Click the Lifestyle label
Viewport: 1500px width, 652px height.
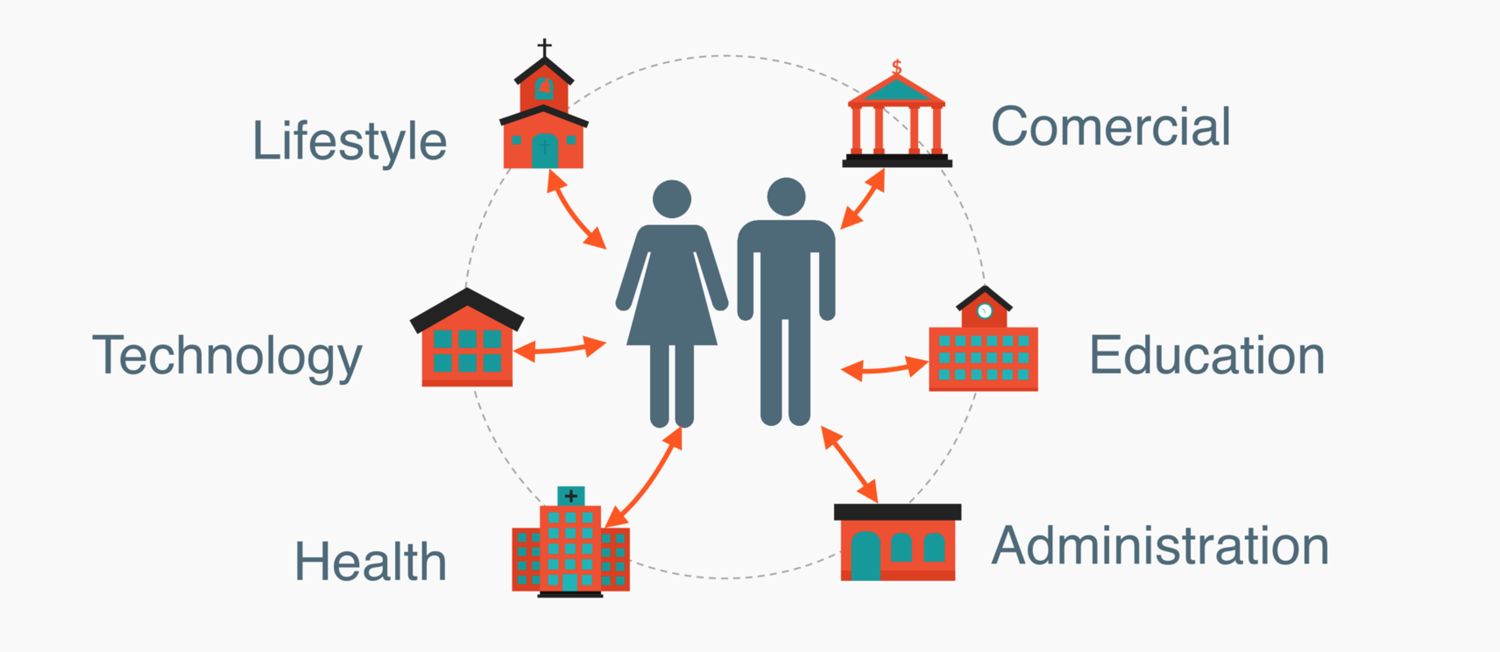(x=350, y=141)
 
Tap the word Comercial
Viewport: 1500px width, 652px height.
(x=1111, y=127)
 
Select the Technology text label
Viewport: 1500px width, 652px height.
(x=227, y=356)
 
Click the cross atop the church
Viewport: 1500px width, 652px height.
(x=545, y=48)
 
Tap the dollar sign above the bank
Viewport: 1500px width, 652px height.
(x=897, y=67)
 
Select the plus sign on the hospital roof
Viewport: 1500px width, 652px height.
(x=571, y=496)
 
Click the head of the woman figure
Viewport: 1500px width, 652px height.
(x=672, y=198)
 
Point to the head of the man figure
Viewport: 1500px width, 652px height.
(x=786, y=196)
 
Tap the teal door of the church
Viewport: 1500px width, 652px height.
(x=545, y=151)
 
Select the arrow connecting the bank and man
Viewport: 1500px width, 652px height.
(x=863, y=198)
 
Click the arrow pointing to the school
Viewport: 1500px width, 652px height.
(x=884, y=368)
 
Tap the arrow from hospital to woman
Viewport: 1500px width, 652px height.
(x=644, y=478)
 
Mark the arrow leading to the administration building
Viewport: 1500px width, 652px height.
(x=849, y=464)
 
